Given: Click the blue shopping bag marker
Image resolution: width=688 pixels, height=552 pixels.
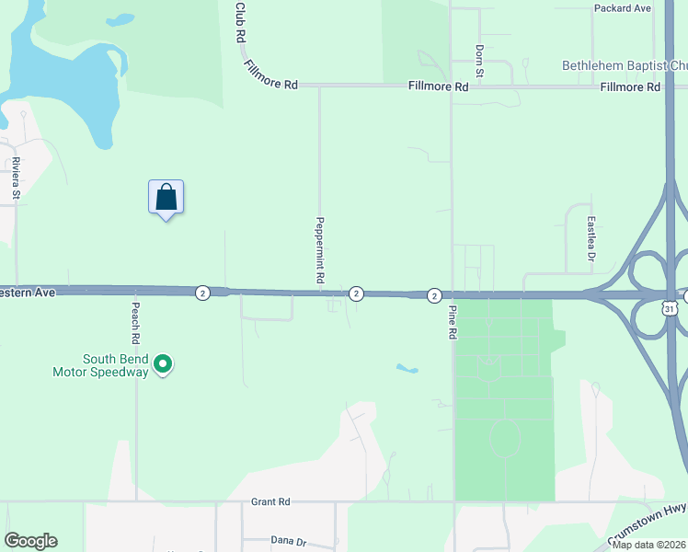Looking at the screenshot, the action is pyautogui.click(x=166, y=197).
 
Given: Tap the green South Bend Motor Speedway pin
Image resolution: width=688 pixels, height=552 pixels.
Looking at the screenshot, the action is pyautogui.click(x=163, y=365).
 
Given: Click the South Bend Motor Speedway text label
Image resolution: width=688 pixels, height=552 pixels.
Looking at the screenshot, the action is pyautogui.click(x=115, y=365).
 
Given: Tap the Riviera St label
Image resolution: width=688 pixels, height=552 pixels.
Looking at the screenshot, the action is pyautogui.click(x=17, y=178).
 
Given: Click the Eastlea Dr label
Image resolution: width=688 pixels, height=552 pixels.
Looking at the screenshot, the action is pyautogui.click(x=591, y=236).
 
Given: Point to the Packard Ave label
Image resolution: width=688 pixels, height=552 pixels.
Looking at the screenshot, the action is pyautogui.click(x=622, y=8).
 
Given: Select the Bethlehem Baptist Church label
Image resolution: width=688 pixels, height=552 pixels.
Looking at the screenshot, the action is pyautogui.click(x=625, y=66).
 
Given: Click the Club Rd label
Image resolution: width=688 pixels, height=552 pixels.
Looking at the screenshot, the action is pyautogui.click(x=240, y=21).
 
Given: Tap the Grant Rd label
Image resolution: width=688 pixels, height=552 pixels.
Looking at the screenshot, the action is pyautogui.click(x=270, y=502).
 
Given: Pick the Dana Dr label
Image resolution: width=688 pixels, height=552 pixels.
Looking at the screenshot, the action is pyautogui.click(x=287, y=541).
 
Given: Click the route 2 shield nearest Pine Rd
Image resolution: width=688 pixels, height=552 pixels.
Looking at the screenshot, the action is pyautogui.click(x=433, y=295).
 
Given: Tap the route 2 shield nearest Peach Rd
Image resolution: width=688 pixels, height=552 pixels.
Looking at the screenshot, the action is pyautogui.click(x=202, y=293).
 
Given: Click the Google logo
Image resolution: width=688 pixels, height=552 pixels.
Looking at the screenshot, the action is pyautogui.click(x=30, y=541).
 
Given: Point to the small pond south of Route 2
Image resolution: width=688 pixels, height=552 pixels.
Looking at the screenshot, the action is pyautogui.click(x=407, y=369).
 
